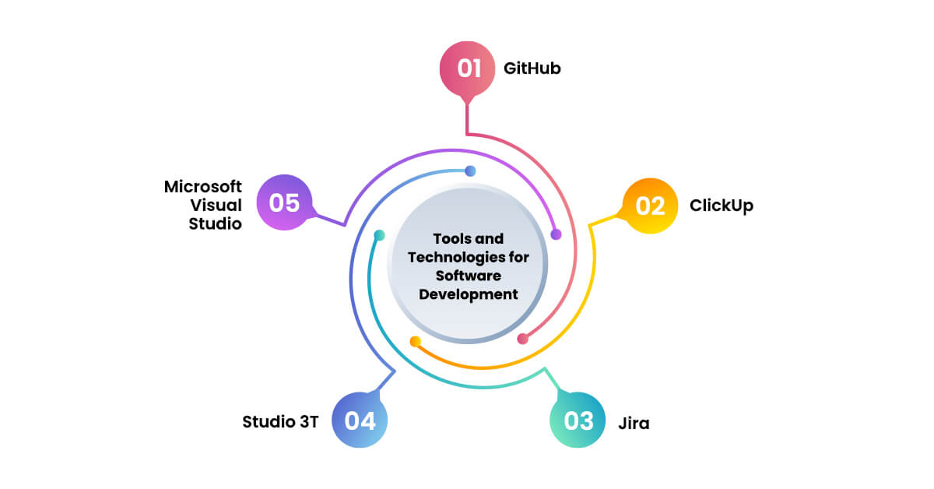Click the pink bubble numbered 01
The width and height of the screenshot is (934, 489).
[468, 69]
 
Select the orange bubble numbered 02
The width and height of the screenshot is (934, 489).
[650, 206]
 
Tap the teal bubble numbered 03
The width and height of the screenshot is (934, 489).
[578, 420]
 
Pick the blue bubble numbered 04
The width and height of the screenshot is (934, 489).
[360, 420]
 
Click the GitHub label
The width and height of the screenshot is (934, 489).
[532, 69]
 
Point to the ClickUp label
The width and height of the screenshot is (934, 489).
[722, 206]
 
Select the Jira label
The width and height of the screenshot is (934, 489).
[634, 424]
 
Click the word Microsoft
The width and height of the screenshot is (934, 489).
[203, 187]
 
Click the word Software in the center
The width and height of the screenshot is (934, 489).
[468, 276]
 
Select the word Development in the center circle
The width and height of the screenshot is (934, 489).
[469, 294]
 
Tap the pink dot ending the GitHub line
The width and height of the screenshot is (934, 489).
[523, 339]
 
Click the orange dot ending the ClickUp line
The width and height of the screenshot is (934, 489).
[416, 341]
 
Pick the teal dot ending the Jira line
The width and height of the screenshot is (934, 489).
[379, 235]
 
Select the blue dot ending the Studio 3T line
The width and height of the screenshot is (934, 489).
[469, 171]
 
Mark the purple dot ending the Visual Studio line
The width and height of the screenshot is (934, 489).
[556, 234]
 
